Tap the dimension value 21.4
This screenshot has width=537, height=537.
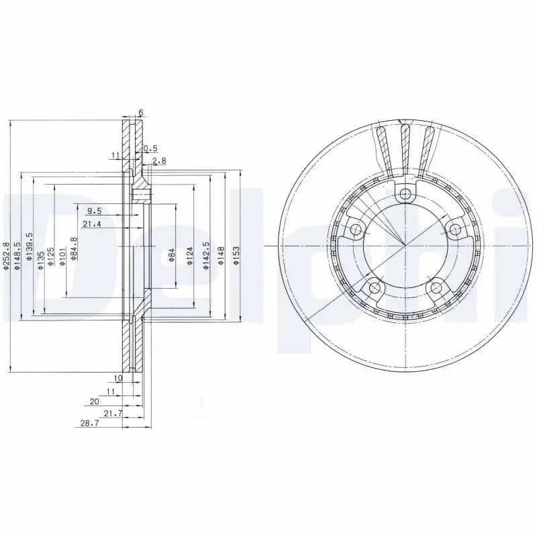pyautogui.click(x=92, y=224)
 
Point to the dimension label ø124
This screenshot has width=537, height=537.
pyautogui.click(x=190, y=256)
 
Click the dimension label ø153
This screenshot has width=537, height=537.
pyautogui.click(x=236, y=256)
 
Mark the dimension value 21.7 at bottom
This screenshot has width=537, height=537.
pyautogui.click(x=113, y=413)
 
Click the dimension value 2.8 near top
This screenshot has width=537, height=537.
pyautogui.click(x=159, y=160)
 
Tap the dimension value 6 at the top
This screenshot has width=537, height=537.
pyautogui.click(x=141, y=111)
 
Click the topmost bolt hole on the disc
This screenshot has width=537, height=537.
pyautogui.click(x=403, y=195)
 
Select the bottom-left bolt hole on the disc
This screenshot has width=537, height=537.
pyautogui.click(x=373, y=289)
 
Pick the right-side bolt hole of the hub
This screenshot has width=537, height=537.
pyautogui.click(x=455, y=230)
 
